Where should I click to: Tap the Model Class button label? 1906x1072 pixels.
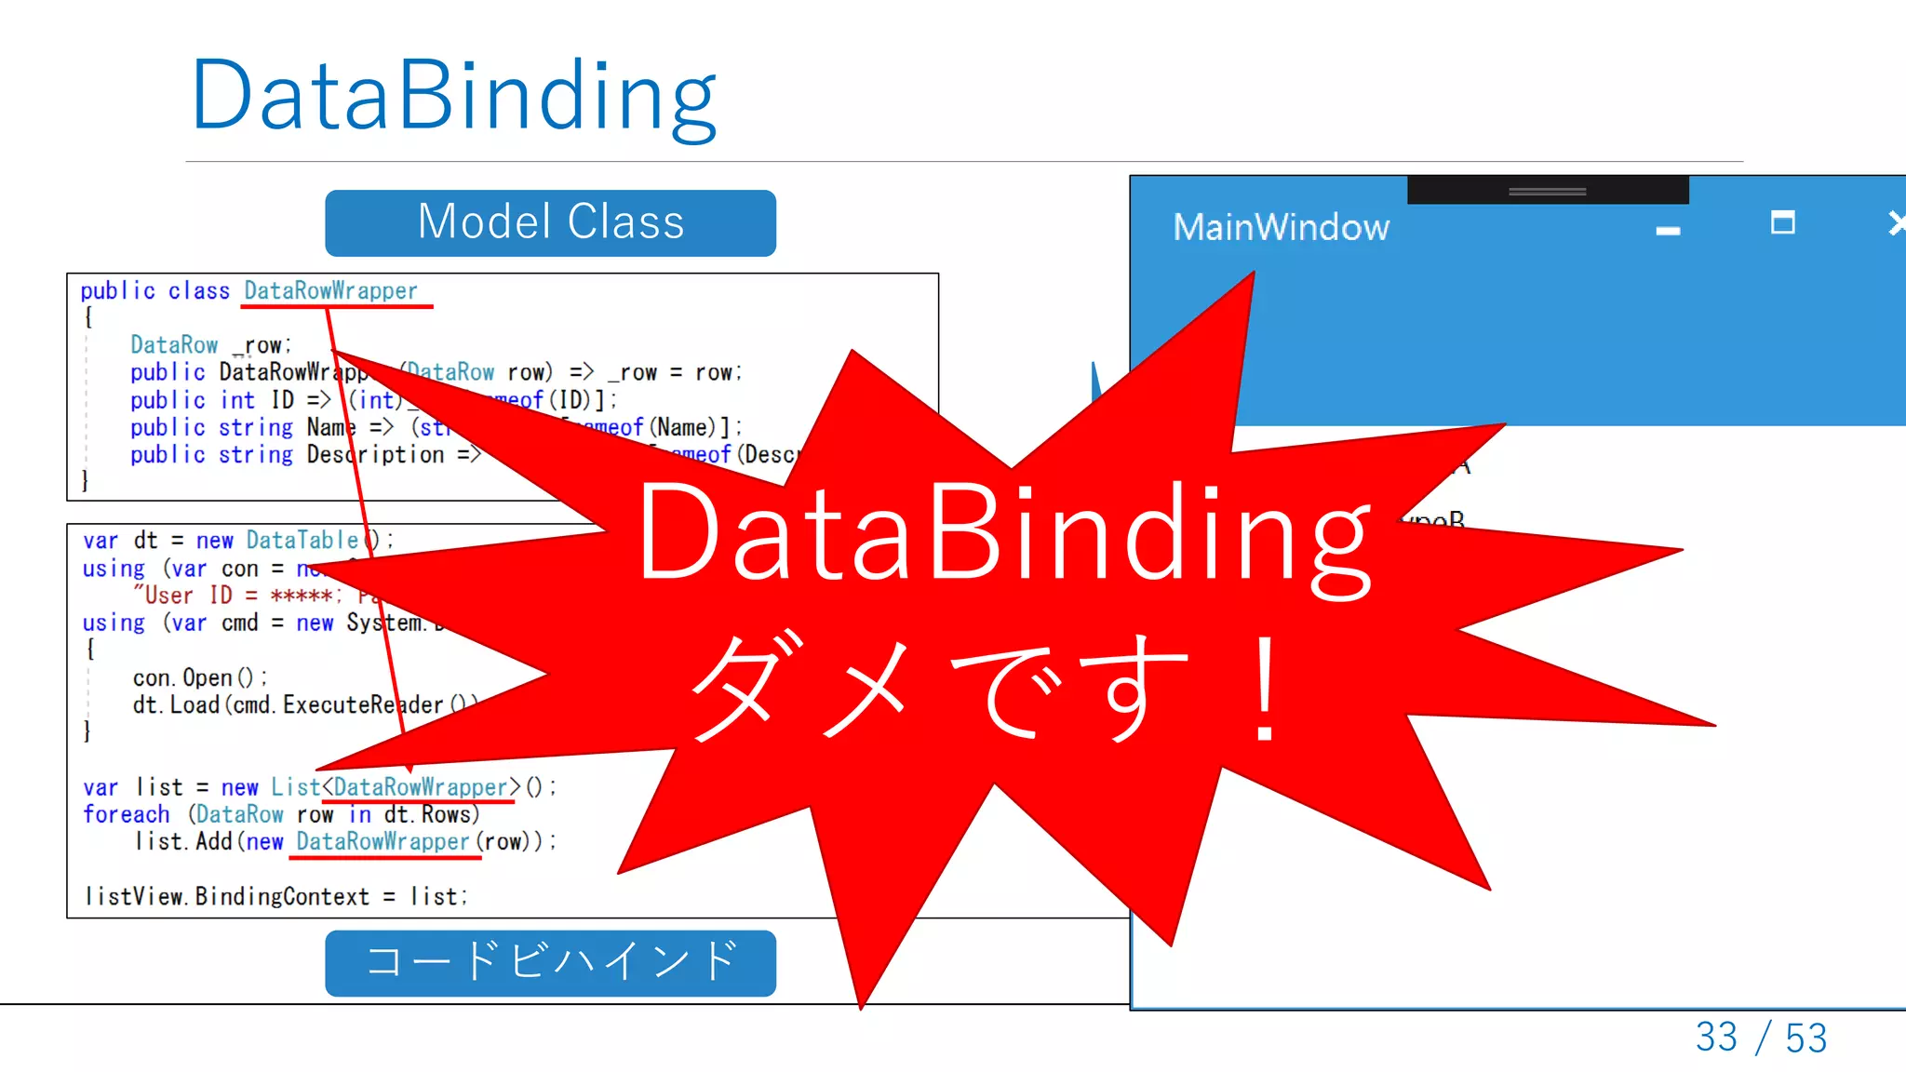(x=550, y=223)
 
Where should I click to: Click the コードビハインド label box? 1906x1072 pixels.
(x=550, y=962)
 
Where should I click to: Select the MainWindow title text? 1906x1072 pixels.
(x=1281, y=228)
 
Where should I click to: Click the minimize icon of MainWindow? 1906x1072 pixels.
(x=1668, y=231)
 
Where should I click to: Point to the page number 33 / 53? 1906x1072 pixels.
(x=1761, y=1038)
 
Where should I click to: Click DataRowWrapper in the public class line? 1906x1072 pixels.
(x=330, y=291)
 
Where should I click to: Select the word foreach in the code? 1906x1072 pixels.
(x=127, y=814)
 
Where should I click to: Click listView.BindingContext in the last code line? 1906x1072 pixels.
(x=227, y=896)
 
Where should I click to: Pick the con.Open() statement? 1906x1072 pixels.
(x=199, y=677)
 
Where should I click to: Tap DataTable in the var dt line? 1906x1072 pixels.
(x=302, y=541)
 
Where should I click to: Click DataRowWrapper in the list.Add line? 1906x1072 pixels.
(x=383, y=841)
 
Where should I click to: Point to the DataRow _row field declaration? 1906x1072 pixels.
(x=210, y=345)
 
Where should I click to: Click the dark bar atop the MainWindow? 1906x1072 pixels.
(x=1547, y=190)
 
